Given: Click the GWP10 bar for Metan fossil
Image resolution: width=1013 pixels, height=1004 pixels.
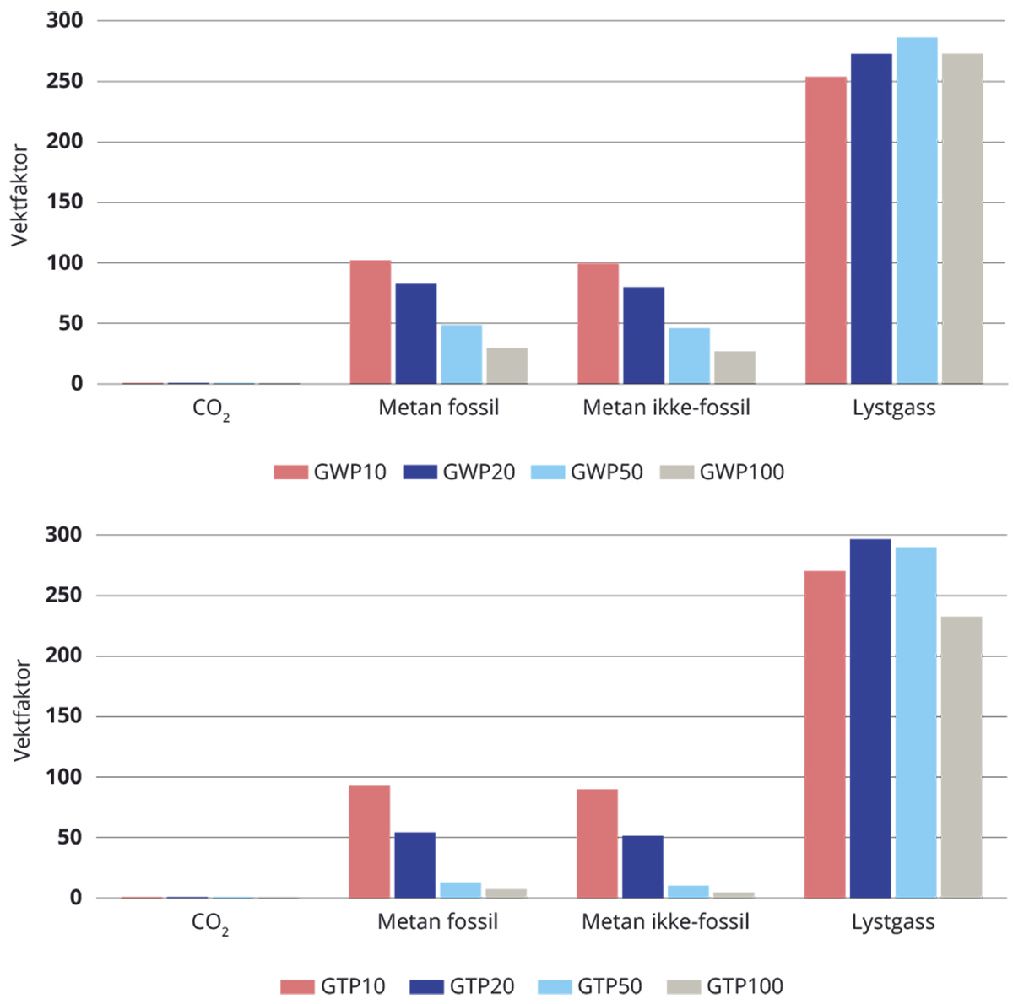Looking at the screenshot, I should click(371, 322).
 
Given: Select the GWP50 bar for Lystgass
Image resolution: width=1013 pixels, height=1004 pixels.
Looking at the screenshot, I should click(917, 211).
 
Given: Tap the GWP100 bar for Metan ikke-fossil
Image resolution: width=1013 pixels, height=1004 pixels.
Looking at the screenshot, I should click(734, 368).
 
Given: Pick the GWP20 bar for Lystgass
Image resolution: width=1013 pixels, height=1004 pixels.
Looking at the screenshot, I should click(871, 219).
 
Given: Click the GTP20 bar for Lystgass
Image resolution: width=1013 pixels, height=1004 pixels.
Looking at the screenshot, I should click(870, 719).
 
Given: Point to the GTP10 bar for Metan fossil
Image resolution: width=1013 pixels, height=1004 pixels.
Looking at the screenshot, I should click(370, 842).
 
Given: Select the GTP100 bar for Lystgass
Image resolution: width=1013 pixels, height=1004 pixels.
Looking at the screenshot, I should click(962, 758).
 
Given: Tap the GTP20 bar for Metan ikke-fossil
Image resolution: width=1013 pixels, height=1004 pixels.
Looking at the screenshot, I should click(642, 867).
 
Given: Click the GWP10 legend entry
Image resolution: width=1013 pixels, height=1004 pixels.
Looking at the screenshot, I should click(330, 472).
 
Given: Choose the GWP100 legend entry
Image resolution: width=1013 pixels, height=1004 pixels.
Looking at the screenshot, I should click(722, 472).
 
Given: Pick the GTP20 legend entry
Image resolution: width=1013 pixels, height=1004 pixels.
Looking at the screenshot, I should click(462, 986).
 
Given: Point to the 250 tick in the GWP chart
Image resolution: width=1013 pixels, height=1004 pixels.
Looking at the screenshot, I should click(65, 82).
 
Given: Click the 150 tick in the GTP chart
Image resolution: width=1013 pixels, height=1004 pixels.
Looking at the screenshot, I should click(65, 716).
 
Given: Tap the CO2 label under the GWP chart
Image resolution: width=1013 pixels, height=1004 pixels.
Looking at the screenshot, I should click(211, 409).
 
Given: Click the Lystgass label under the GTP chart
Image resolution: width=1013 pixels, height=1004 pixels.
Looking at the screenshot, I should click(893, 922).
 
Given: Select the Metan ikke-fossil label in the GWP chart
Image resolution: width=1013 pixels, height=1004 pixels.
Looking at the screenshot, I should click(666, 408).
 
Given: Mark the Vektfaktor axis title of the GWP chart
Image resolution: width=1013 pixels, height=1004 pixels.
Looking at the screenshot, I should click(20, 196).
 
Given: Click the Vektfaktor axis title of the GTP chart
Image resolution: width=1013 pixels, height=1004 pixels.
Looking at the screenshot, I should click(22, 710).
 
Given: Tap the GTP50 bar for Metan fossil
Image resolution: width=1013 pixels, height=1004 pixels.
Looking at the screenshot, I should click(461, 890).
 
